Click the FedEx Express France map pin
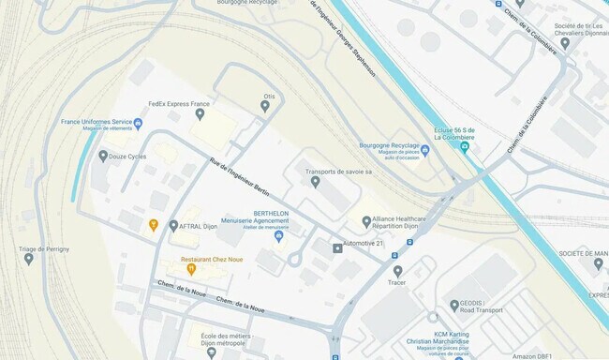pyautogui.click(x=200, y=114)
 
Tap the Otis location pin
pyautogui.click(x=265, y=106)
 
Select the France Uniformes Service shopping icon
pyautogui.click(x=138, y=124)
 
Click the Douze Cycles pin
pyautogui.click(x=103, y=156)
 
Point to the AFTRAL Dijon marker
pyautogui.click(x=173, y=225)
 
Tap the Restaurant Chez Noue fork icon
pyautogui.click(x=191, y=269)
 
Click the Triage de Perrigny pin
pyautogui.click(x=29, y=259)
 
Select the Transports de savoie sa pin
pyautogui.click(x=315, y=182)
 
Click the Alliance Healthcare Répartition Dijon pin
pyautogui.click(x=366, y=221)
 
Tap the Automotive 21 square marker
pyautogui.click(x=337, y=248)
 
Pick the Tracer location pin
pyautogui.click(x=397, y=271)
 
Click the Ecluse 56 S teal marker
pyautogui.click(x=466, y=147)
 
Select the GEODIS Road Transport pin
pyautogui.click(x=453, y=306)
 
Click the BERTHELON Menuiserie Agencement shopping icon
pyautogui.click(x=278, y=235)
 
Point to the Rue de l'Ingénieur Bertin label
pyautogui.click(x=242, y=179)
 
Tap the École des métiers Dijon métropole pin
pyautogui.click(x=211, y=352)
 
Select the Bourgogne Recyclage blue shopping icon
pyautogui.click(x=424, y=150)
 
